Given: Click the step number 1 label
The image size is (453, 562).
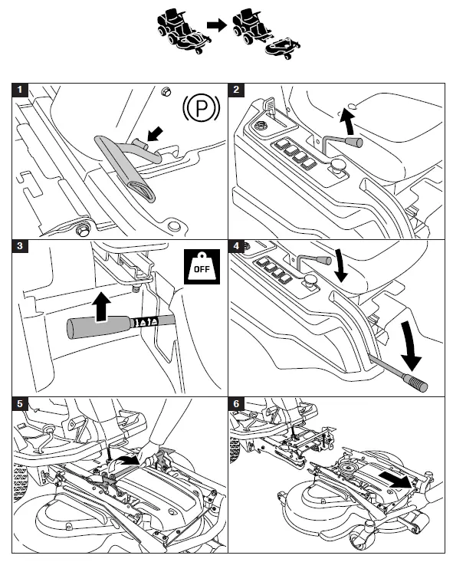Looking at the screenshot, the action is click(20, 90).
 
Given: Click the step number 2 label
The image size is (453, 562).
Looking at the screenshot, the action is click(236, 90).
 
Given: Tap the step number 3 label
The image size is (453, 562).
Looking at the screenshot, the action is click(20, 246).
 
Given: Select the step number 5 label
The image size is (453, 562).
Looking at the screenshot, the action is click(20, 404).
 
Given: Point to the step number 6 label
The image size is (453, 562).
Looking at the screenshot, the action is click(236, 404).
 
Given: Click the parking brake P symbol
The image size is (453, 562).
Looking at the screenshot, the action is click(201, 107).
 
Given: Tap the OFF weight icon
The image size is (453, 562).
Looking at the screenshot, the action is click(202, 267).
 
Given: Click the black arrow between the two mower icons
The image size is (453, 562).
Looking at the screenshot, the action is click(217, 25).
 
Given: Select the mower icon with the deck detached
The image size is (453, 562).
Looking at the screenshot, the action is click(266, 34).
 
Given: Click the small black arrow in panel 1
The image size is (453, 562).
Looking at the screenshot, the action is click(156, 134).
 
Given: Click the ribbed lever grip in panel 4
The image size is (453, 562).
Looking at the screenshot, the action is click(415, 383).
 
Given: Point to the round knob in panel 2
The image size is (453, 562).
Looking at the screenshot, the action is click(336, 166).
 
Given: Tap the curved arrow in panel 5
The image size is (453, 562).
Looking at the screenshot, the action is click(124, 462).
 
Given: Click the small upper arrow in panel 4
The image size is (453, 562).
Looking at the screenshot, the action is click(340, 266).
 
